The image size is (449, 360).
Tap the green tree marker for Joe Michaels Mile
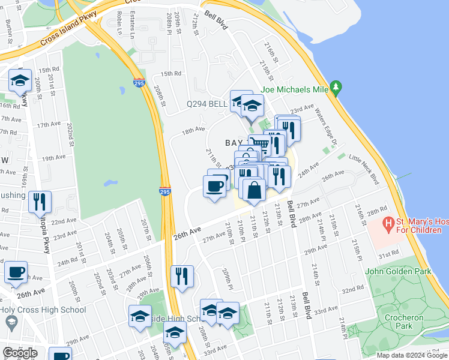(336, 88)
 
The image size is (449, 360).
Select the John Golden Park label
(398, 271)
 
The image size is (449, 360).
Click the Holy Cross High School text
(43, 310)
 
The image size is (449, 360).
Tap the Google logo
(20, 353)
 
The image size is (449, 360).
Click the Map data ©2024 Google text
(411, 355)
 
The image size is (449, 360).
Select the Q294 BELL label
(207, 104)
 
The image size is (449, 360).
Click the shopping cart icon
(258, 143)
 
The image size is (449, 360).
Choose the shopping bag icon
(254, 190)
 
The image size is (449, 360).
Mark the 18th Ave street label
(194, 130)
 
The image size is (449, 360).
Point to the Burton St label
(8, 28)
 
